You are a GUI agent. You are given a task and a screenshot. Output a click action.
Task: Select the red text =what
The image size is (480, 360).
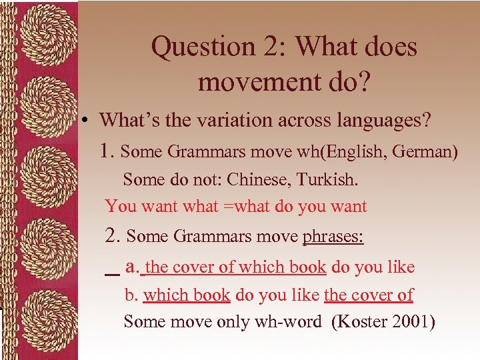point(247,206)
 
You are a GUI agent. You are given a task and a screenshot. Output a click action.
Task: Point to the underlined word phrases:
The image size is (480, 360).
point(333,237)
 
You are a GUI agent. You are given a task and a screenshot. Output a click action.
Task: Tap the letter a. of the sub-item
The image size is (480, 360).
point(131,267)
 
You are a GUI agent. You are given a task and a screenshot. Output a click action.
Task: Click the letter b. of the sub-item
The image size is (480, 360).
point(131,295)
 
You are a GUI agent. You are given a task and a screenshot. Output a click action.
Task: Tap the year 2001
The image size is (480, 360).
point(413,322)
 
